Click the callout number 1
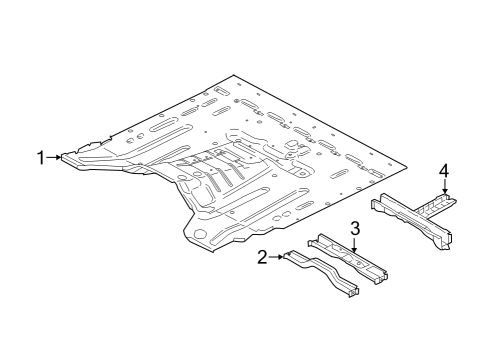pos(41,156)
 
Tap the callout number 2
pos(262,258)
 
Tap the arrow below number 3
pos(354,243)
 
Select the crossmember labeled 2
pos(320,275)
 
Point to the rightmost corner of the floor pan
pos(409,163)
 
